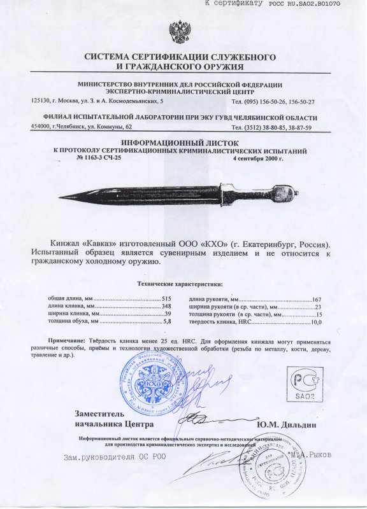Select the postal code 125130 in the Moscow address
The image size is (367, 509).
point(41,101)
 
